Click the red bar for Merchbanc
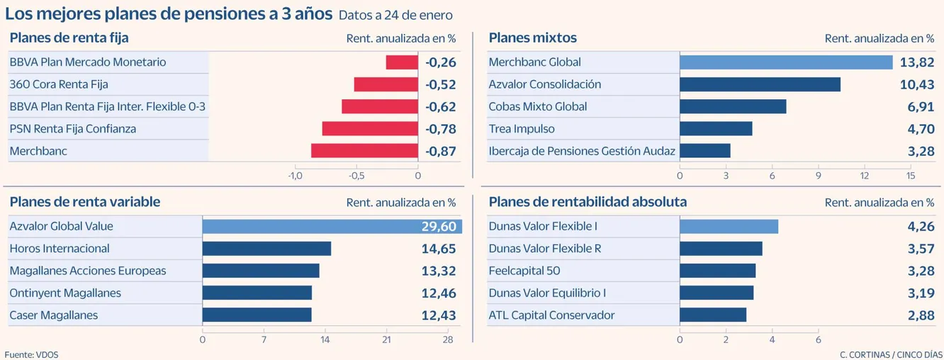(x=364, y=151)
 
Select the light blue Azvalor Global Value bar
(x=332, y=227)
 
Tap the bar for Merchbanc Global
(x=785, y=62)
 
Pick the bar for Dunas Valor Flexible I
(x=729, y=227)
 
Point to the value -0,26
(x=440, y=62)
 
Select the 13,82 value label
(x=917, y=62)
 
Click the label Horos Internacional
(x=60, y=249)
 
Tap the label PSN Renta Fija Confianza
(x=72, y=129)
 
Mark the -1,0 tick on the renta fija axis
(x=295, y=176)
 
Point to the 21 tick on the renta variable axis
(x=386, y=339)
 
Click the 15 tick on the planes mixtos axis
(x=911, y=176)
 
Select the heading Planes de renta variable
(x=84, y=202)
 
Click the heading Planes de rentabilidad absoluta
(x=588, y=202)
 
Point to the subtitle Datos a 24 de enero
(x=395, y=16)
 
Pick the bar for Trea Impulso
(x=716, y=129)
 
